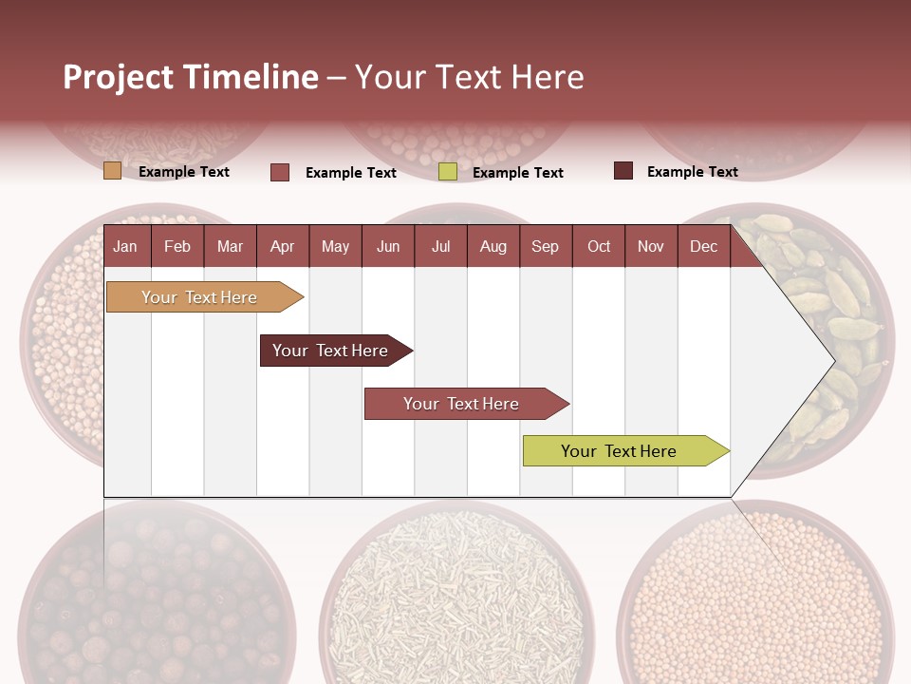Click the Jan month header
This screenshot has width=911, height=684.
[x=125, y=246]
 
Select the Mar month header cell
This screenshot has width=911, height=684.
[x=230, y=246]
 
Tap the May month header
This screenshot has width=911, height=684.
[x=335, y=246]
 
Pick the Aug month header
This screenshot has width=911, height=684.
[x=493, y=246]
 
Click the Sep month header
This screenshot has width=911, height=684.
[x=545, y=246]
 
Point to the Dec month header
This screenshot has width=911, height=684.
[x=703, y=246]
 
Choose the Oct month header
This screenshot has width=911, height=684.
[x=599, y=246]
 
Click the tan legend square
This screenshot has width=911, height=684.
[x=112, y=171]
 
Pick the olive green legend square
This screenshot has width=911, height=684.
[x=448, y=172]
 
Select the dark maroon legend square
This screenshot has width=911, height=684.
[x=623, y=171]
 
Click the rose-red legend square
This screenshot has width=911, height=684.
[x=280, y=172]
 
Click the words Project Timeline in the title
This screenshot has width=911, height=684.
[x=191, y=77]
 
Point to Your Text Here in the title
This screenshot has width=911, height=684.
[x=469, y=77]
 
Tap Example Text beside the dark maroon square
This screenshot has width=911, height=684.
[x=692, y=172]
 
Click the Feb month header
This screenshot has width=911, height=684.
[x=177, y=246]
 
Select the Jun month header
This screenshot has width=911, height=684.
[x=388, y=246]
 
